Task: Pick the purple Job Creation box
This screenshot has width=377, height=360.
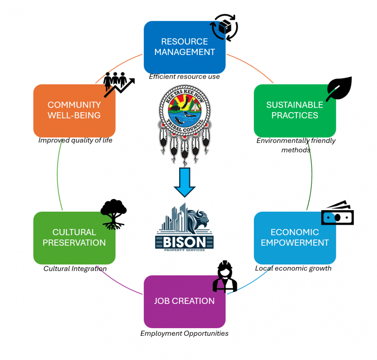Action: tap(184, 301)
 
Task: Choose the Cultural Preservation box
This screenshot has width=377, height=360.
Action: tap(74, 238)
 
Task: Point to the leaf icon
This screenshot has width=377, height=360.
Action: tap(339, 89)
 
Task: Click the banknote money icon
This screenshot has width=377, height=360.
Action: tap(337, 214)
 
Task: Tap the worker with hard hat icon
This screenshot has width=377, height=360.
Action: tap(225, 277)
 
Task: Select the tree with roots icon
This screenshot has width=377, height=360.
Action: tap(113, 214)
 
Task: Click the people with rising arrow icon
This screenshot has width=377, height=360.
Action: tap(118, 84)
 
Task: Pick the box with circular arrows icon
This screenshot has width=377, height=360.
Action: tap(224, 28)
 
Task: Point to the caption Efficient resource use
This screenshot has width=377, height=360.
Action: tap(184, 77)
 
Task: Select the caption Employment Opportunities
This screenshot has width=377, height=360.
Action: tap(184, 333)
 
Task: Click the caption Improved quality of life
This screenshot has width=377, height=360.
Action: tap(75, 140)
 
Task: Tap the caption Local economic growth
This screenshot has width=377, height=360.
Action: tap(293, 269)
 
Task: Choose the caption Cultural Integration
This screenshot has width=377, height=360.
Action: tap(75, 269)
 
